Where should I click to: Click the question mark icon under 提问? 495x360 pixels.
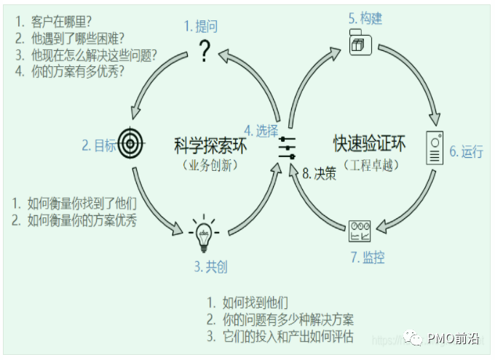[205, 51]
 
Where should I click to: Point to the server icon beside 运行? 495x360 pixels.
[435, 148]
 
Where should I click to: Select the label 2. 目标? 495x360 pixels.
[99, 145]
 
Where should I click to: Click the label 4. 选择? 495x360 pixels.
[261, 131]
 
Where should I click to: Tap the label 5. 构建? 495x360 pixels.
[365, 17]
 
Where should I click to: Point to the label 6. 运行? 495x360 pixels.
[466, 151]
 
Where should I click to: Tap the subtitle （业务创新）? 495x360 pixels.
[211, 165]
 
